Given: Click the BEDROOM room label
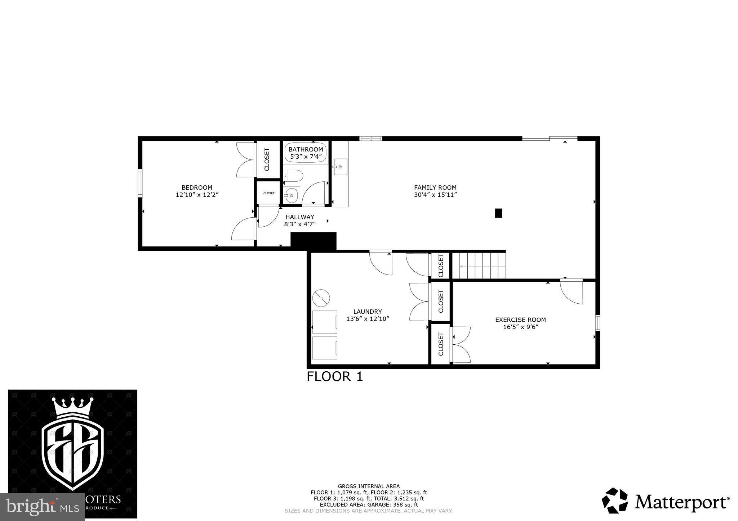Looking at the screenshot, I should (x=197, y=187).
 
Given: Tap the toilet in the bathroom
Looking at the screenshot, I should (x=294, y=176).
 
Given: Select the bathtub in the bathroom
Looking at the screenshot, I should (x=306, y=153).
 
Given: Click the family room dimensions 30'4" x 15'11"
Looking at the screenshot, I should (x=435, y=195).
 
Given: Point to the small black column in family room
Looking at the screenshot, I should (x=498, y=213).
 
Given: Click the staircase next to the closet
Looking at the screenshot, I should (x=479, y=266).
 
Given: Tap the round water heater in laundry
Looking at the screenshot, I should (x=321, y=298).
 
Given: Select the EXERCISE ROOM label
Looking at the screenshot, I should (x=520, y=320).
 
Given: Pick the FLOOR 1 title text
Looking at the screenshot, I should (x=334, y=376).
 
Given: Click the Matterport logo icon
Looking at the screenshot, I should (x=615, y=500).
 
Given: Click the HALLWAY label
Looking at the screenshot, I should (x=299, y=217).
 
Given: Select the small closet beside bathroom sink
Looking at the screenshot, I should (x=268, y=193).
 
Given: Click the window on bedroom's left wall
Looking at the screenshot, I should (x=140, y=183).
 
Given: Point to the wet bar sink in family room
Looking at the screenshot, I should (x=340, y=167).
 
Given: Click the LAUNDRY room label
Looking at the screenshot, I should (x=368, y=312).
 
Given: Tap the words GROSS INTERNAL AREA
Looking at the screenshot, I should (x=368, y=486).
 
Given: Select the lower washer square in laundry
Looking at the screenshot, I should (x=325, y=348).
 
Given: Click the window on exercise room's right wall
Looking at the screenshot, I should (x=597, y=323).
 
